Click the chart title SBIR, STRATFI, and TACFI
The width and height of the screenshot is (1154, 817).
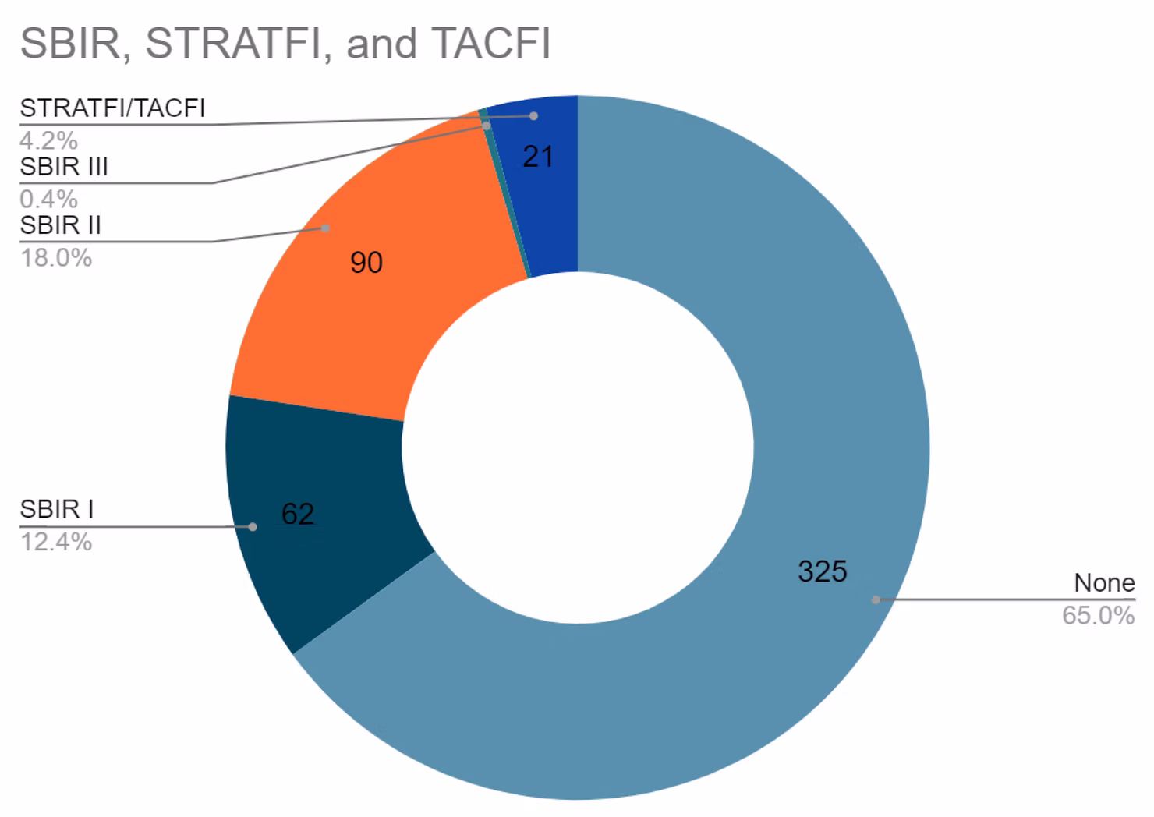[285, 44]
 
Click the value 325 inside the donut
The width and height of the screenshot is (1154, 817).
[822, 572]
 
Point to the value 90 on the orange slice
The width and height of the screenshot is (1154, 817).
[366, 263]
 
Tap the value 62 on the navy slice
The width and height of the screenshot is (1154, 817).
[298, 514]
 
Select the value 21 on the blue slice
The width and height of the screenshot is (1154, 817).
[538, 157]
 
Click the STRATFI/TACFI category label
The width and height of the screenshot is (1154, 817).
[113, 108]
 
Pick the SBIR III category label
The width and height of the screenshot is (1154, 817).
[64, 167]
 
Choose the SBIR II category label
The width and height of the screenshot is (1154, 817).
[61, 225]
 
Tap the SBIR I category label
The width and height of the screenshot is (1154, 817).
[57, 509]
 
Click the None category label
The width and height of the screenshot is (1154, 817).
[1104, 583]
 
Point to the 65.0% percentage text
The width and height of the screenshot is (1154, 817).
[1098, 616]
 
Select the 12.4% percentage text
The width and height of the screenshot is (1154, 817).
[56, 541]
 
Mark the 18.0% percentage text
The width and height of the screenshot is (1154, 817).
[56, 257]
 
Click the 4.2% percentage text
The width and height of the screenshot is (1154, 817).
[49, 140]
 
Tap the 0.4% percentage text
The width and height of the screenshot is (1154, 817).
[49, 199]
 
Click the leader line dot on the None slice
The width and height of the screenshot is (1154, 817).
[876, 600]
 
